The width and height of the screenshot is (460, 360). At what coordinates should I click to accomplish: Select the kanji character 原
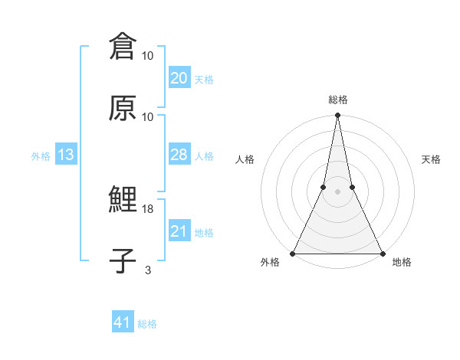click(x=123, y=108)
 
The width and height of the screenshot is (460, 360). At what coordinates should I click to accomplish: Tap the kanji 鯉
click(x=123, y=201)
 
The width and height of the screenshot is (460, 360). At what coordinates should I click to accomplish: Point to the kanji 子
click(x=123, y=260)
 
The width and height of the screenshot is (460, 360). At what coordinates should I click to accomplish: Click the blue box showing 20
click(x=179, y=78)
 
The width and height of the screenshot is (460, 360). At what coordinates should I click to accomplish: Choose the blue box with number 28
click(x=179, y=155)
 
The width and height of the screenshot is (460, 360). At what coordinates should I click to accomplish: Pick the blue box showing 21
click(x=179, y=231)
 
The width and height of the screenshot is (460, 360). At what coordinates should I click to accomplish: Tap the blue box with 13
click(x=65, y=155)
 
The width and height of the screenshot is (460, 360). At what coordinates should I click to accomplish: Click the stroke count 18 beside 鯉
click(x=148, y=209)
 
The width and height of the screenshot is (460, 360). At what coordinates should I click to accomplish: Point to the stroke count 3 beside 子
click(x=148, y=270)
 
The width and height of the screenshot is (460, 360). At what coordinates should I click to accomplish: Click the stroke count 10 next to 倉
click(x=148, y=56)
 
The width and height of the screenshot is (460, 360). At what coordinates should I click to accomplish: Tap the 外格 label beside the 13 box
click(x=41, y=155)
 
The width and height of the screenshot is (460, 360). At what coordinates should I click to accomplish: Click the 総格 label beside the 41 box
click(x=147, y=324)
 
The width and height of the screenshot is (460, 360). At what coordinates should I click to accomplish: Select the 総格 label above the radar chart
click(x=337, y=100)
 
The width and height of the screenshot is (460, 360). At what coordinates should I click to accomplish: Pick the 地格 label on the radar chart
click(x=402, y=263)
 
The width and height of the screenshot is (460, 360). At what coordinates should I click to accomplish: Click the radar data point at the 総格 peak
click(x=337, y=116)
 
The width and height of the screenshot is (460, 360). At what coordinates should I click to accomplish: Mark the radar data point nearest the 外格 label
click(x=293, y=253)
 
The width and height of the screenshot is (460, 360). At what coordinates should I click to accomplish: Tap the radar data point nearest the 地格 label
click(x=382, y=253)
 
